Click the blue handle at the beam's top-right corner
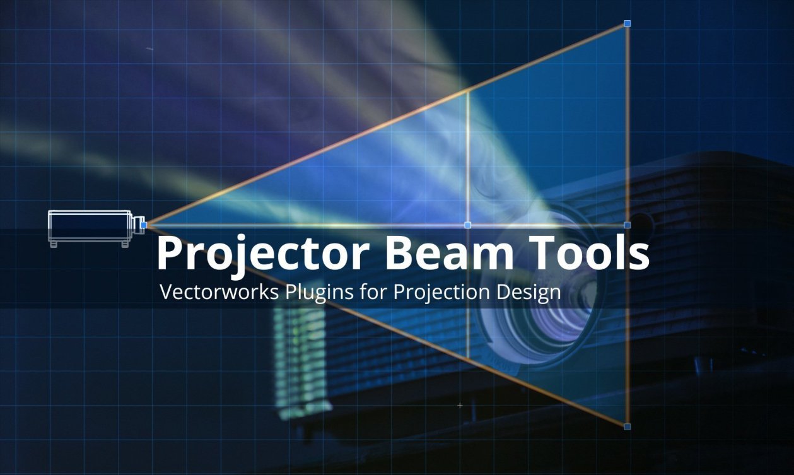(627, 23)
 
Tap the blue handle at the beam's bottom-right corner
(627, 427)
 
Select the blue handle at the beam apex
(144, 224)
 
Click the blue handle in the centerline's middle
(467, 225)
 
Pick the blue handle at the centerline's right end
(627, 225)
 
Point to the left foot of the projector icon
(54, 244)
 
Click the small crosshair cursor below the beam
(460, 405)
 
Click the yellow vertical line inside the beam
(467, 158)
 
